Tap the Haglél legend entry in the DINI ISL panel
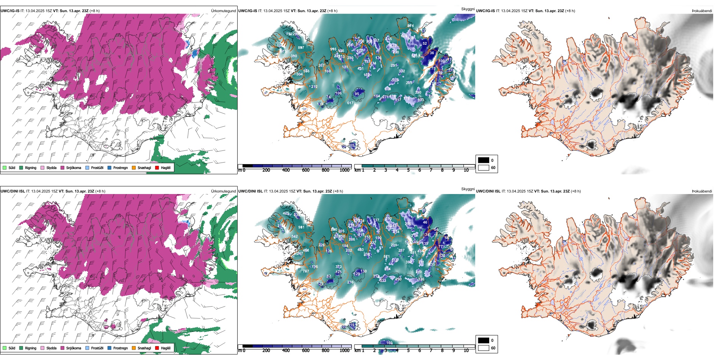(x=166, y=348)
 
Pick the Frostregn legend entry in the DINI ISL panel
(x=120, y=348)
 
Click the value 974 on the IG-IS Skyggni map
(x=410, y=26)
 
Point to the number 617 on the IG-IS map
(x=350, y=103)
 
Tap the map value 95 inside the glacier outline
(x=357, y=94)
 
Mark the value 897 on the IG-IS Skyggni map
(x=301, y=48)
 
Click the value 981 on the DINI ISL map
(x=301, y=227)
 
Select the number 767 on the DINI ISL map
(x=305, y=271)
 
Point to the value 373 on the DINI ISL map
(x=338, y=267)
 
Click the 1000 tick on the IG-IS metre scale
(x=344, y=170)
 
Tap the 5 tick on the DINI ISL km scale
(x=408, y=351)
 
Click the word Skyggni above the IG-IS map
(x=468, y=9)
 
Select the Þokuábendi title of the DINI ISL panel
(x=702, y=191)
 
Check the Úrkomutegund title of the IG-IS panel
(x=223, y=11)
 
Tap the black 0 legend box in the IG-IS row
(x=484, y=160)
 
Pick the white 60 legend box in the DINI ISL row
(x=484, y=348)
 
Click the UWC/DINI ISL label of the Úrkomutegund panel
(x=13, y=191)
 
